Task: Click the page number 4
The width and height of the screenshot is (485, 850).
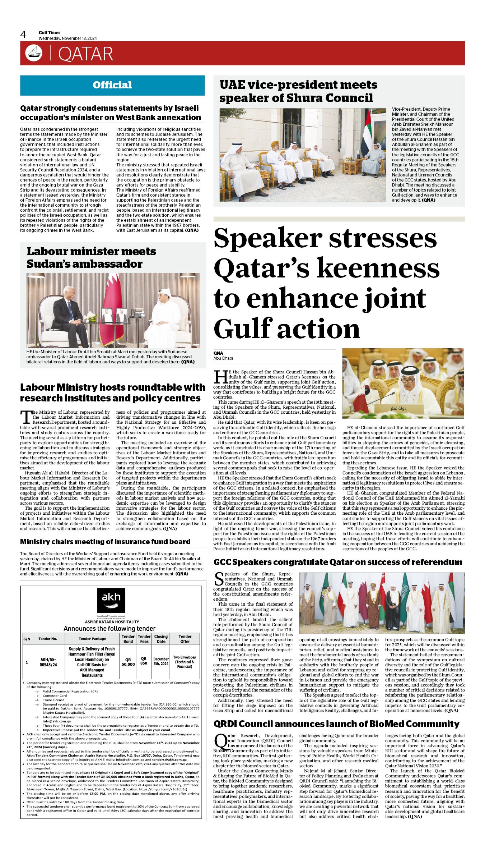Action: (23, 35)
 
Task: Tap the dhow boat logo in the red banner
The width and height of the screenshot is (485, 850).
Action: (34, 53)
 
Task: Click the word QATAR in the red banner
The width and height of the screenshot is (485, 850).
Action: (85, 54)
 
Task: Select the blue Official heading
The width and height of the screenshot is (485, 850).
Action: (112, 85)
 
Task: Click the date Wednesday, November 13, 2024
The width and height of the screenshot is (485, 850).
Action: (68, 38)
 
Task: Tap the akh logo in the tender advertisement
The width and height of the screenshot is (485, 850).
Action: (111, 601)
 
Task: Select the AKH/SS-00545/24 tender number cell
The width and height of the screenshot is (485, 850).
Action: (48, 662)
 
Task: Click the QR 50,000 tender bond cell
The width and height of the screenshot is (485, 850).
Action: (128, 662)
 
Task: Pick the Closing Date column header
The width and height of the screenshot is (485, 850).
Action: (161, 639)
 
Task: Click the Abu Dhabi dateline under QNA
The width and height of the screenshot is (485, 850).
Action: (223, 358)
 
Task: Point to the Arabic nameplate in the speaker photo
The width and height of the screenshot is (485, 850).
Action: (398, 409)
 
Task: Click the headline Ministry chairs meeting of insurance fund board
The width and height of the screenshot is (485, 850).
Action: (105, 542)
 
